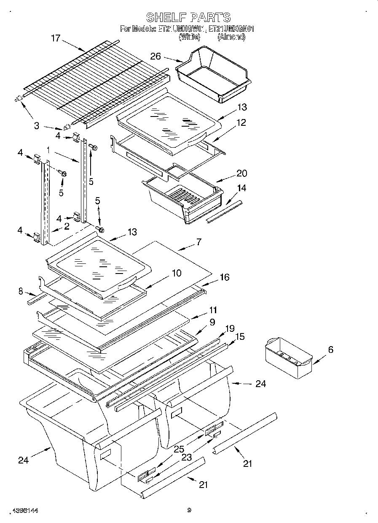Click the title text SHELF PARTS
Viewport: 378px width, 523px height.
(x=188, y=17)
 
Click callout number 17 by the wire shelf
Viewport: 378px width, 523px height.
(x=56, y=38)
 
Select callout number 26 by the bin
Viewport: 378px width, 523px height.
(x=156, y=56)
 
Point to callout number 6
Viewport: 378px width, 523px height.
(x=330, y=350)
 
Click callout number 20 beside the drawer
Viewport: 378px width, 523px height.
(x=241, y=173)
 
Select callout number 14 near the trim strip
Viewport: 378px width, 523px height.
(x=241, y=188)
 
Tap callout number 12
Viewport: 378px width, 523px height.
(x=241, y=123)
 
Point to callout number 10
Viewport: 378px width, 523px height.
(x=177, y=273)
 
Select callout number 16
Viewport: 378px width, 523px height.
(x=224, y=277)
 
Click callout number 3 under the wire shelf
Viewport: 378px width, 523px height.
(x=37, y=125)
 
